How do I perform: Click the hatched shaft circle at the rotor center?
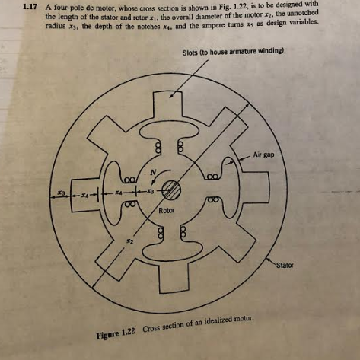171,190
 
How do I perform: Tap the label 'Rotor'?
167,210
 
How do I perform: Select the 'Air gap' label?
263,155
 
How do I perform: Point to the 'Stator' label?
285,266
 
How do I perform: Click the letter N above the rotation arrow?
153,173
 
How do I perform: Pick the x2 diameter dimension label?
130,241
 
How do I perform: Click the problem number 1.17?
30,7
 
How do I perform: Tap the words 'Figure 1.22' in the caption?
116,333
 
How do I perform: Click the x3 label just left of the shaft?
151,191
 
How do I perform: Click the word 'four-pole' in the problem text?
67,8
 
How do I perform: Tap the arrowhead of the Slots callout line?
171,96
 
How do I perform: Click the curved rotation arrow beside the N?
158,175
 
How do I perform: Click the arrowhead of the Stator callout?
268,260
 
